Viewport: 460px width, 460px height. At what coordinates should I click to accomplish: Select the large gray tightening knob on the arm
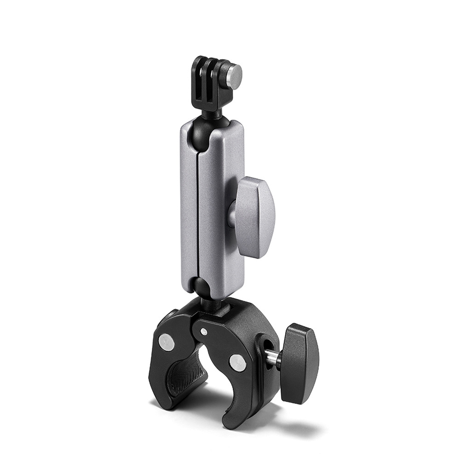pos(254,217)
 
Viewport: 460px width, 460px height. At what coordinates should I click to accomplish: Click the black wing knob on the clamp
pos(300,363)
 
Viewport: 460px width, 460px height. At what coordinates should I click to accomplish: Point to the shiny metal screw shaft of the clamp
pos(272,358)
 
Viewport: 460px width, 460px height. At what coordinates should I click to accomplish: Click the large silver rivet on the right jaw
pos(237,363)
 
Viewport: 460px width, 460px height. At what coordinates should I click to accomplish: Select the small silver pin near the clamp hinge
pos(204,332)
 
